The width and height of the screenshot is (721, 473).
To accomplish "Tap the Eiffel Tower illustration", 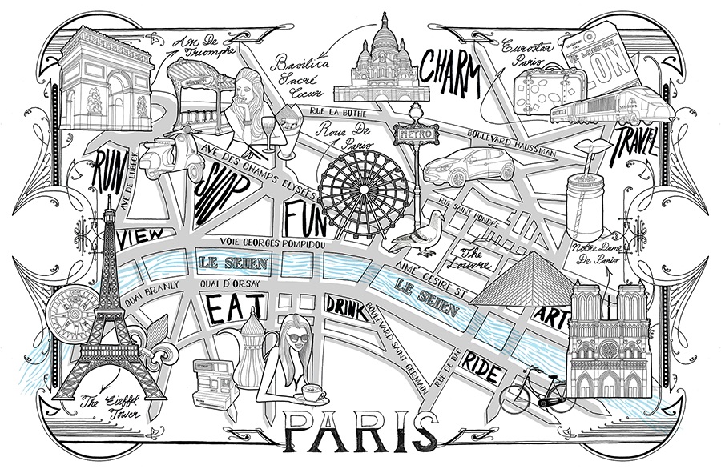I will tap(104, 320).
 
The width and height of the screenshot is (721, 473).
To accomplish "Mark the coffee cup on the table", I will tap(311, 394).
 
